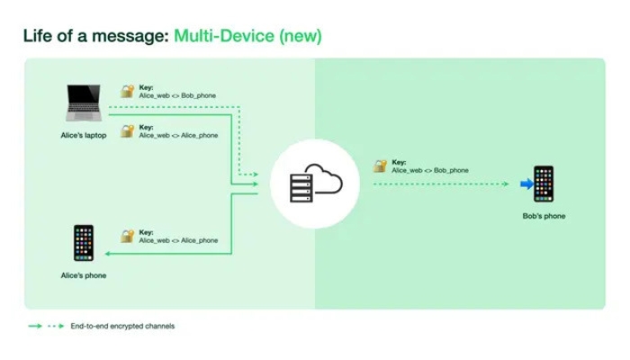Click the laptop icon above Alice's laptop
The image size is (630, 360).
pos(84,103)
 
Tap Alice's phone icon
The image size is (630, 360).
pos(84,243)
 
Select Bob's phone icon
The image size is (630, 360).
pos(544,184)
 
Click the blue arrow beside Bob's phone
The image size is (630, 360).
pos(526,184)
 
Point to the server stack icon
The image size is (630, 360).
pos(301,188)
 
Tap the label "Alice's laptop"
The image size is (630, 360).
pos(84,135)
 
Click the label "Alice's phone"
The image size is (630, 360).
pos(84,275)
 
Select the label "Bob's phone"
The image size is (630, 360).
pos(544,216)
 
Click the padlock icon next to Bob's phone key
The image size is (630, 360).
pos(380,166)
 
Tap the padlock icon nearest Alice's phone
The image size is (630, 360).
pos(128,236)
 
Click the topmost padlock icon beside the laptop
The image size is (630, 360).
pos(128,91)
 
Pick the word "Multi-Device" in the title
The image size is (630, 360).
pos(224,36)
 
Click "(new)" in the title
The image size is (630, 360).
pos(301,36)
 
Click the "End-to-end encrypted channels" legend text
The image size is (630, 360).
pos(122,326)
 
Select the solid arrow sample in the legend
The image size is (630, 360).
pos(35,326)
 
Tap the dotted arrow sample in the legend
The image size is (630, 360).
pos(56,326)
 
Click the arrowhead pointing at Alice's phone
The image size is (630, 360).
pos(107,254)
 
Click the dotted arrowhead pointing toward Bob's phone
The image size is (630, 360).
pos(506,184)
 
